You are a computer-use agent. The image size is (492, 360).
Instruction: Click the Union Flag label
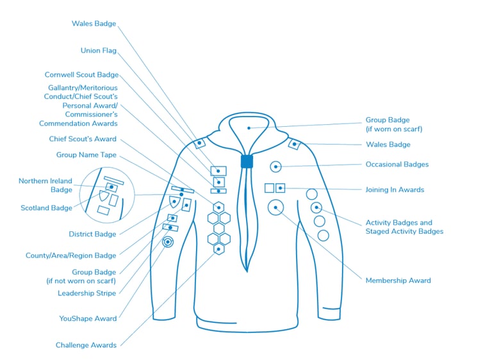coord(99,51)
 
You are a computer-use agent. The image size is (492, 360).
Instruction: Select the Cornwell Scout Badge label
coord(81,75)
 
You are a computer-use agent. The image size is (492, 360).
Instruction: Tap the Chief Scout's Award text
coord(83,139)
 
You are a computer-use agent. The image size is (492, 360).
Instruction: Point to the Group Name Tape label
coord(86,155)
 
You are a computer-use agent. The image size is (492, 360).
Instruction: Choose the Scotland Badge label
coord(46,208)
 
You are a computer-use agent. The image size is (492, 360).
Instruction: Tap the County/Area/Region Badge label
coord(71,256)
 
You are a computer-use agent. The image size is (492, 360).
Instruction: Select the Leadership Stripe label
coord(87,293)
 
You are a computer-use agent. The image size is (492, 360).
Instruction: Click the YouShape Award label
coord(88,318)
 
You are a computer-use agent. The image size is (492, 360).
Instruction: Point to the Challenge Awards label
coord(86,345)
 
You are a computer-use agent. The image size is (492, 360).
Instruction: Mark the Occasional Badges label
coord(397,165)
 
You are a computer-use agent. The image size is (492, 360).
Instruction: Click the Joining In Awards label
coord(395,190)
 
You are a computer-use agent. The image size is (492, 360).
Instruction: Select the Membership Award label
coord(398,281)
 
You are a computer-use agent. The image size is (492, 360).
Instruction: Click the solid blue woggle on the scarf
coord(247,161)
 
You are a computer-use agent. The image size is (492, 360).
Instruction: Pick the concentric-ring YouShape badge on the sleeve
coord(168,242)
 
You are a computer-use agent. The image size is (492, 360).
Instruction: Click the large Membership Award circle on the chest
coord(275,207)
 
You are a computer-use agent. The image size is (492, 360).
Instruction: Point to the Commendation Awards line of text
coord(78,124)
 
